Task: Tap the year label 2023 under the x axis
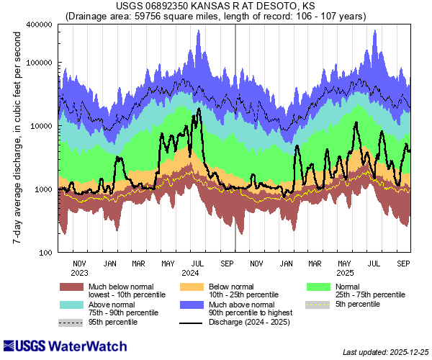[x=80, y=274]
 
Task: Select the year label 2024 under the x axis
[x=191, y=274]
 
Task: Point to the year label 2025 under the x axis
[x=345, y=274]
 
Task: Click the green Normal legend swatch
[x=318, y=287]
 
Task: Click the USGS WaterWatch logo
[x=52, y=345]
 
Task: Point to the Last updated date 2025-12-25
[x=385, y=352]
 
